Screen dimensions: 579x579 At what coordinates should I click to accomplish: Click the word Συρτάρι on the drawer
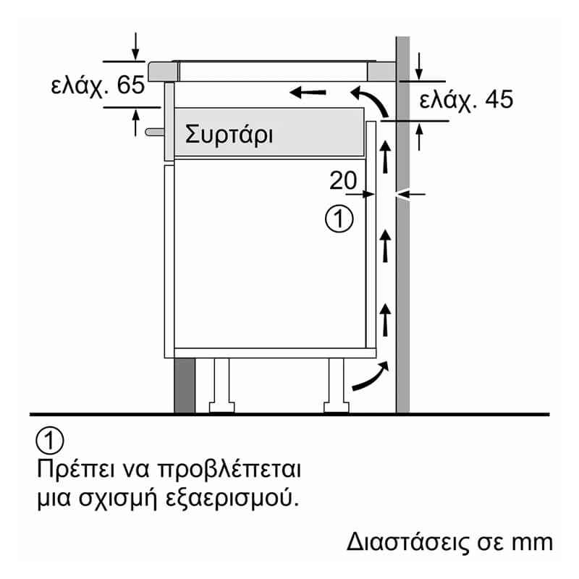click(x=229, y=135)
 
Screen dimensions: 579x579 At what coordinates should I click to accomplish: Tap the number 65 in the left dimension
click(x=130, y=85)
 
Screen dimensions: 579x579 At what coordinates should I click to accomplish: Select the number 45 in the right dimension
click(x=499, y=99)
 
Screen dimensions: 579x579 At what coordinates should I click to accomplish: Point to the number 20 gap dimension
click(x=343, y=180)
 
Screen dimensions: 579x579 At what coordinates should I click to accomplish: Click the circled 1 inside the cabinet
click(x=339, y=219)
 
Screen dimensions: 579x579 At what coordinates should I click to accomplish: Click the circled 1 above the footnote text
click(x=49, y=441)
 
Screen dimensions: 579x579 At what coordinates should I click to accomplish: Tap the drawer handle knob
click(x=154, y=132)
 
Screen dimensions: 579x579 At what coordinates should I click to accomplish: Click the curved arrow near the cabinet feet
click(x=371, y=376)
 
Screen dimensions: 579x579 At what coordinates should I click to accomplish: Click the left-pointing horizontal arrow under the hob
click(x=308, y=92)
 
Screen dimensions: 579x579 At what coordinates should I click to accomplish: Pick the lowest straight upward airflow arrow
click(x=386, y=320)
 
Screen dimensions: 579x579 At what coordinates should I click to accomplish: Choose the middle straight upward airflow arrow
click(x=386, y=246)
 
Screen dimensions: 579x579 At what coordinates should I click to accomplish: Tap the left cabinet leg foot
click(x=221, y=407)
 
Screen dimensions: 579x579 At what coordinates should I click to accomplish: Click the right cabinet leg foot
click(x=336, y=407)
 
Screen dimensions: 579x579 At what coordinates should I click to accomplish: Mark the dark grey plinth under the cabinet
click(x=185, y=385)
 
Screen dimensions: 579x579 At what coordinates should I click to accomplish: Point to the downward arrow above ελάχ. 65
click(x=135, y=46)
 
